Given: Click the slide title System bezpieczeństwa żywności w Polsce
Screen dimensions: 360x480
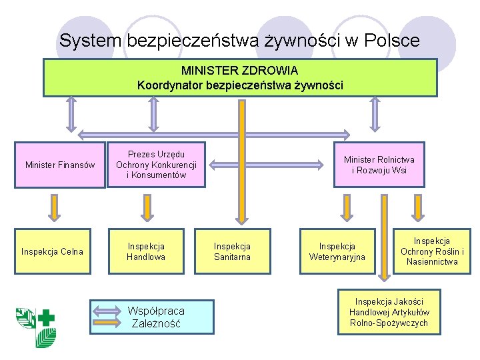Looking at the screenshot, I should coord(239,41).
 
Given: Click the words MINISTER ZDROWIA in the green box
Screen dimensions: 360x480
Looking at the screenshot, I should coord(239,70).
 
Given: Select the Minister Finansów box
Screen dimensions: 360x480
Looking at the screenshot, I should coord(60,165).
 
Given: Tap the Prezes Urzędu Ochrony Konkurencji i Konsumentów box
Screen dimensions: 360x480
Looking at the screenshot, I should coord(156,165).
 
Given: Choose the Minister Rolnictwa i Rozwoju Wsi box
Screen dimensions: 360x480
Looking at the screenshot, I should coord(379,165).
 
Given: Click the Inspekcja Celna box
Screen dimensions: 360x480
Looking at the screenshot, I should coord(53,251).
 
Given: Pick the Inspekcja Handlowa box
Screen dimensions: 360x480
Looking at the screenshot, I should coord(146,251).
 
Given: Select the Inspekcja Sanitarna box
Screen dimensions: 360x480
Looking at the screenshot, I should coord(232,251).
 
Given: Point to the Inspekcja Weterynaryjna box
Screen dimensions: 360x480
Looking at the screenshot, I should coord(337,251).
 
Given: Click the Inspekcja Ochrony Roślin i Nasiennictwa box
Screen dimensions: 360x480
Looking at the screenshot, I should coord(432,251).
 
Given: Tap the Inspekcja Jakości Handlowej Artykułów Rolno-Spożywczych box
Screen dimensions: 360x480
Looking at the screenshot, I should coord(390,313).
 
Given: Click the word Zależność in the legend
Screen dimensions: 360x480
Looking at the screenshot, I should coord(156,325).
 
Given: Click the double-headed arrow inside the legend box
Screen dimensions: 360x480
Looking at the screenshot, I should coord(109,311).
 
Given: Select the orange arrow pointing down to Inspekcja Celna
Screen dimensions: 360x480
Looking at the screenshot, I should coord(53,208).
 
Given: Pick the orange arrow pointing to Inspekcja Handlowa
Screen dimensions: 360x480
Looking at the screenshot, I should coord(146,208).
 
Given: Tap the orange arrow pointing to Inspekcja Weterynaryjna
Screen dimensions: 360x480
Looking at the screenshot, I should coord(345,208).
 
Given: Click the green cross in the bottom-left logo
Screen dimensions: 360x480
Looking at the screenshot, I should coord(47,318).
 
